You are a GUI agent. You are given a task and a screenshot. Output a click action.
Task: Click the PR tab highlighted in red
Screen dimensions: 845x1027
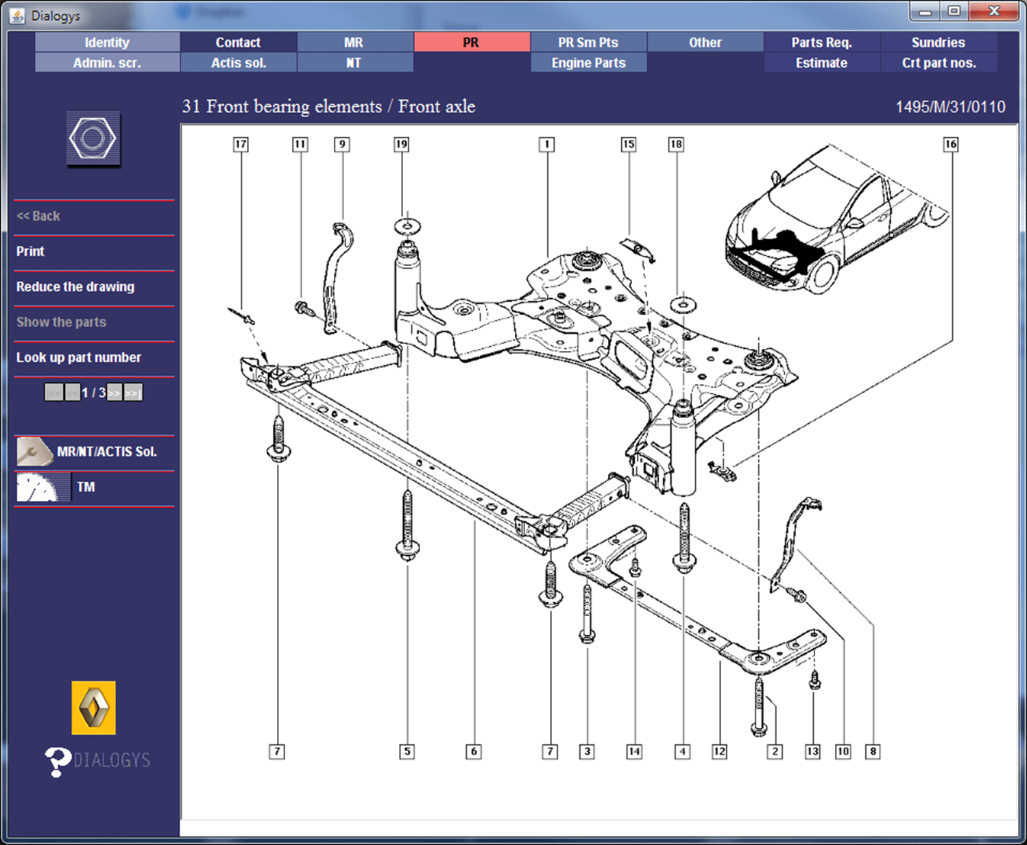tap(472, 42)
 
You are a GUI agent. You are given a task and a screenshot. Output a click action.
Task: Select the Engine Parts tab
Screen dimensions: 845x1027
tap(588, 63)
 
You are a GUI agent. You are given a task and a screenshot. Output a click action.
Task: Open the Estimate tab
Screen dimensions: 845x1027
tap(821, 63)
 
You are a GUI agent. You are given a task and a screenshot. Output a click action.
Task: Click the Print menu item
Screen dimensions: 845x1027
tap(31, 252)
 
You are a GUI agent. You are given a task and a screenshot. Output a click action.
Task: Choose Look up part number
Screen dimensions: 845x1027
tap(79, 358)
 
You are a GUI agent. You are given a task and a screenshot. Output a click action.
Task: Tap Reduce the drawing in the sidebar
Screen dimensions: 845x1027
tap(75, 287)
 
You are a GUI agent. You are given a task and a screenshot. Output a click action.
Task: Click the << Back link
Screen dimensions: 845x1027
tap(38, 216)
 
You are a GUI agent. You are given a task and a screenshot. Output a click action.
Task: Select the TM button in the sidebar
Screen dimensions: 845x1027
tap(86, 487)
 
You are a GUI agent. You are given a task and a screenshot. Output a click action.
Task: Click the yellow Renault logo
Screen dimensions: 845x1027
tap(93, 708)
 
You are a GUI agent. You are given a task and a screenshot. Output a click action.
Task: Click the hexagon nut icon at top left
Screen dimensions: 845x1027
tap(93, 139)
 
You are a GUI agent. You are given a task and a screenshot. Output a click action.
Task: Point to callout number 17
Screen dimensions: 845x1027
tap(241, 145)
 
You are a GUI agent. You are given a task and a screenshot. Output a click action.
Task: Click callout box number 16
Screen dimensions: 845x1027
tap(950, 145)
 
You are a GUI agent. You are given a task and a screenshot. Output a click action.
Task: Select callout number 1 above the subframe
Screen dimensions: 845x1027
tap(546, 145)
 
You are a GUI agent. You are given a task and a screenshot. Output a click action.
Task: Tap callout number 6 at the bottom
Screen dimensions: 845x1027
tap(473, 752)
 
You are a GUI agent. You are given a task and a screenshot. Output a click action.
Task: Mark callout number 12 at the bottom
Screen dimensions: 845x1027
tap(719, 752)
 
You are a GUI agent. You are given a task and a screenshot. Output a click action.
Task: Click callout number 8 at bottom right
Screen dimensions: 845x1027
tap(873, 752)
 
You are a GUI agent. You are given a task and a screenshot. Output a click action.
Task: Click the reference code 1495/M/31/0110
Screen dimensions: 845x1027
tap(950, 108)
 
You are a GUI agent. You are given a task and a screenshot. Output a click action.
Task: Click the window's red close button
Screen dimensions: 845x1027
tap(994, 12)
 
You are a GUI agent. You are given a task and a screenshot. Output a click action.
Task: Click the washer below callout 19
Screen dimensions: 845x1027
tap(407, 225)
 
